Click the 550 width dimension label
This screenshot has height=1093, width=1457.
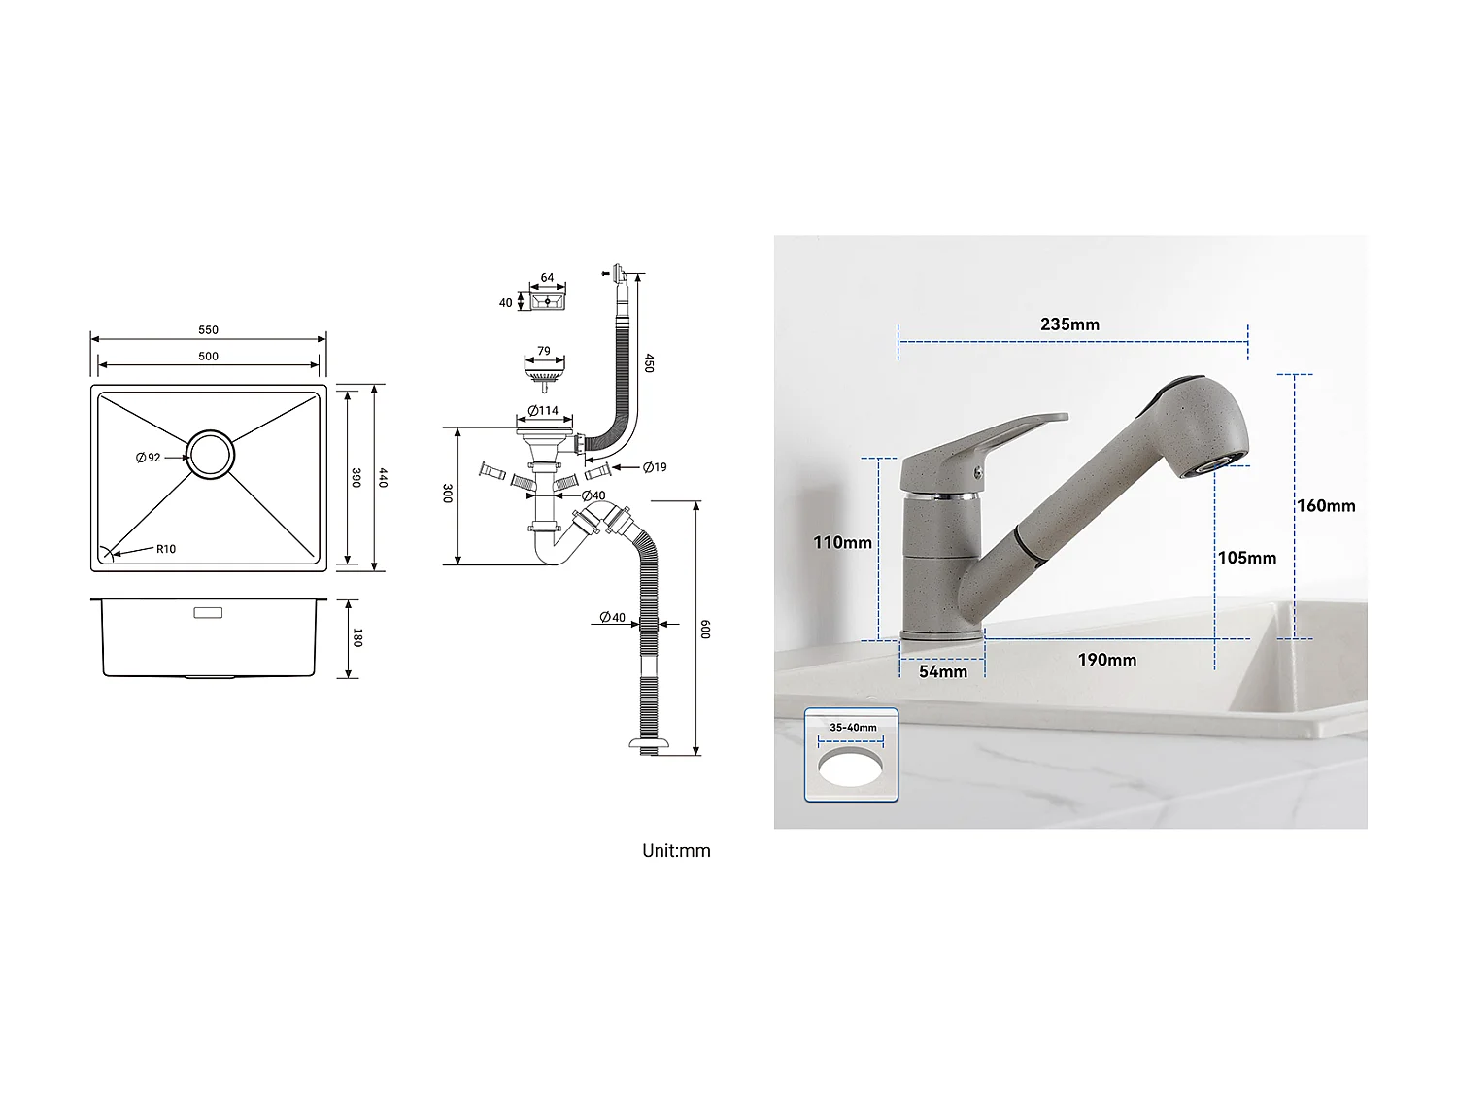(208, 330)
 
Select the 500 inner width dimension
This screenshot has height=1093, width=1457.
(208, 357)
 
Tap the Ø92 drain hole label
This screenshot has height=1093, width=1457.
(149, 458)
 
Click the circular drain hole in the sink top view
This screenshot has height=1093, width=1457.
(210, 454)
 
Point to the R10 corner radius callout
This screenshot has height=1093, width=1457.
(165, 549)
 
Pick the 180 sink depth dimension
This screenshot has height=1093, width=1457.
(357, 637)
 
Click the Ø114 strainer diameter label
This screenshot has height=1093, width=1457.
(544, 411)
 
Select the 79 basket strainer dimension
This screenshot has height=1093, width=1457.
(544, 351)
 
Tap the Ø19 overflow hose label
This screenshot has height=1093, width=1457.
(655, 467)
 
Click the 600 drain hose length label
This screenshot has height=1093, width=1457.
(705, 629)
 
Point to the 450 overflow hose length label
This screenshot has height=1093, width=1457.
(648, 362)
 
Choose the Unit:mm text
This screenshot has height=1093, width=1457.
(676, 851)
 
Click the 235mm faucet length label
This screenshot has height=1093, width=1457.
(1069, 324)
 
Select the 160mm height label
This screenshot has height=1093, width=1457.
(1326, 505)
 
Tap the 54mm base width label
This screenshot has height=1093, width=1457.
(943, 671)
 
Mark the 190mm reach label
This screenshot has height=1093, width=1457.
(1106, 660)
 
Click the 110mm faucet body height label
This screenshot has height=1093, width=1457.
(842, 542)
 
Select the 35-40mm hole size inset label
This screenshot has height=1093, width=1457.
(853, 727)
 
